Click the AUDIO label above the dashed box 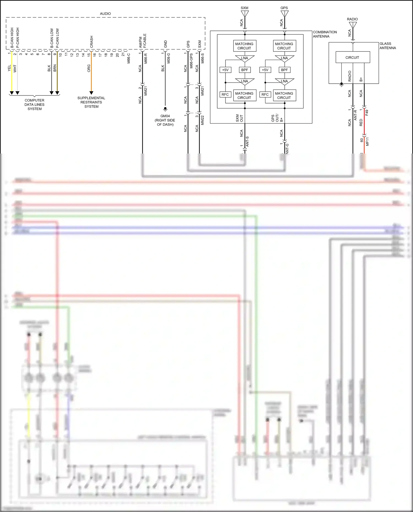pos(105,13)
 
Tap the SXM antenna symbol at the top pos(244,14)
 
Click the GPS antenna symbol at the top pos(284,14)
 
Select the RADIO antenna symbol pos(353,25)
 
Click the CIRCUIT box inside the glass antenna pos(352,58)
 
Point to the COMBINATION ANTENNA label pos(325,34)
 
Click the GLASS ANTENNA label pos(387,46)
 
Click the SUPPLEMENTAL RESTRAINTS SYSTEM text pos(91,102)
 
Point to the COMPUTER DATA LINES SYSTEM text pos(34,105)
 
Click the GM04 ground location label pos(165,120)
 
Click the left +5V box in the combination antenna pos(225,70)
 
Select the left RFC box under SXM pos(225,94)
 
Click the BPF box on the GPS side pos(284,70)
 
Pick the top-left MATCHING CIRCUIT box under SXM pos(244,46)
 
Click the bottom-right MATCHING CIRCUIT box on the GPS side pos(284,95)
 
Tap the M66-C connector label pos(129,58)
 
